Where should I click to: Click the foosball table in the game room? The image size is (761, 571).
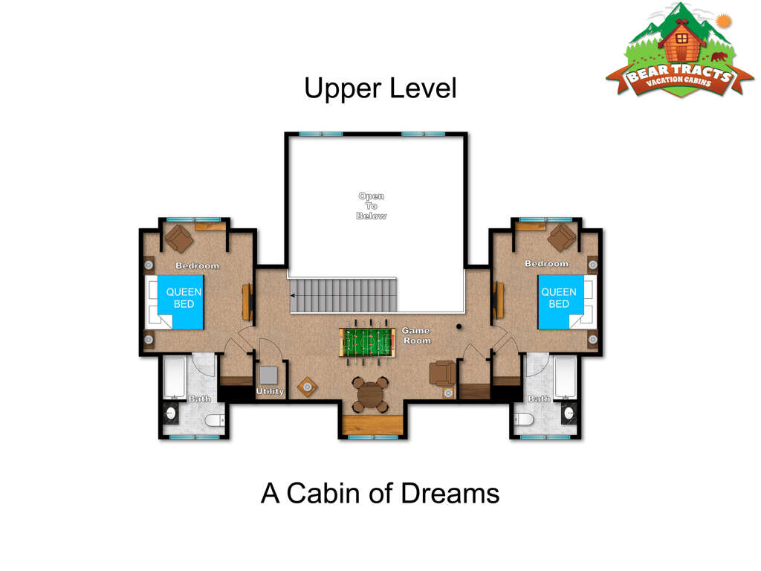pos(367,341)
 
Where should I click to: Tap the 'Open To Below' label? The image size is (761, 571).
pos(372,206)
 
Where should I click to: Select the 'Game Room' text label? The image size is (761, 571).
pos(416,335)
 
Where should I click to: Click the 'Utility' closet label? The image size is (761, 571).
pos(270,391)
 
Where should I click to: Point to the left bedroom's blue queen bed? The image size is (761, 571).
pos(180,302)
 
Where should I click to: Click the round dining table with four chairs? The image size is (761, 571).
pos(370,394)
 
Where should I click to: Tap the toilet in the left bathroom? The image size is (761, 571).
pos(214,420)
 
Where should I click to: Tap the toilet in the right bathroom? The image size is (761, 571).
pos(524,419)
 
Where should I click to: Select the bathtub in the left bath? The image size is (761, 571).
pos(175,378)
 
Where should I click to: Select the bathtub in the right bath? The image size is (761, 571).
pos(566,378)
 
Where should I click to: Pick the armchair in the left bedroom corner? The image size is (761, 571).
pos(179,239)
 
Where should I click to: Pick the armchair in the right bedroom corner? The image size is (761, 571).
pos(562,237)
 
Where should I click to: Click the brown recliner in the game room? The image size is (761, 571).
pos(443,373)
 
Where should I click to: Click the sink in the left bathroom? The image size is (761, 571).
pos(171,413)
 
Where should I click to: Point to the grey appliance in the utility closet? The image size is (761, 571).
pos(269,375)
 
